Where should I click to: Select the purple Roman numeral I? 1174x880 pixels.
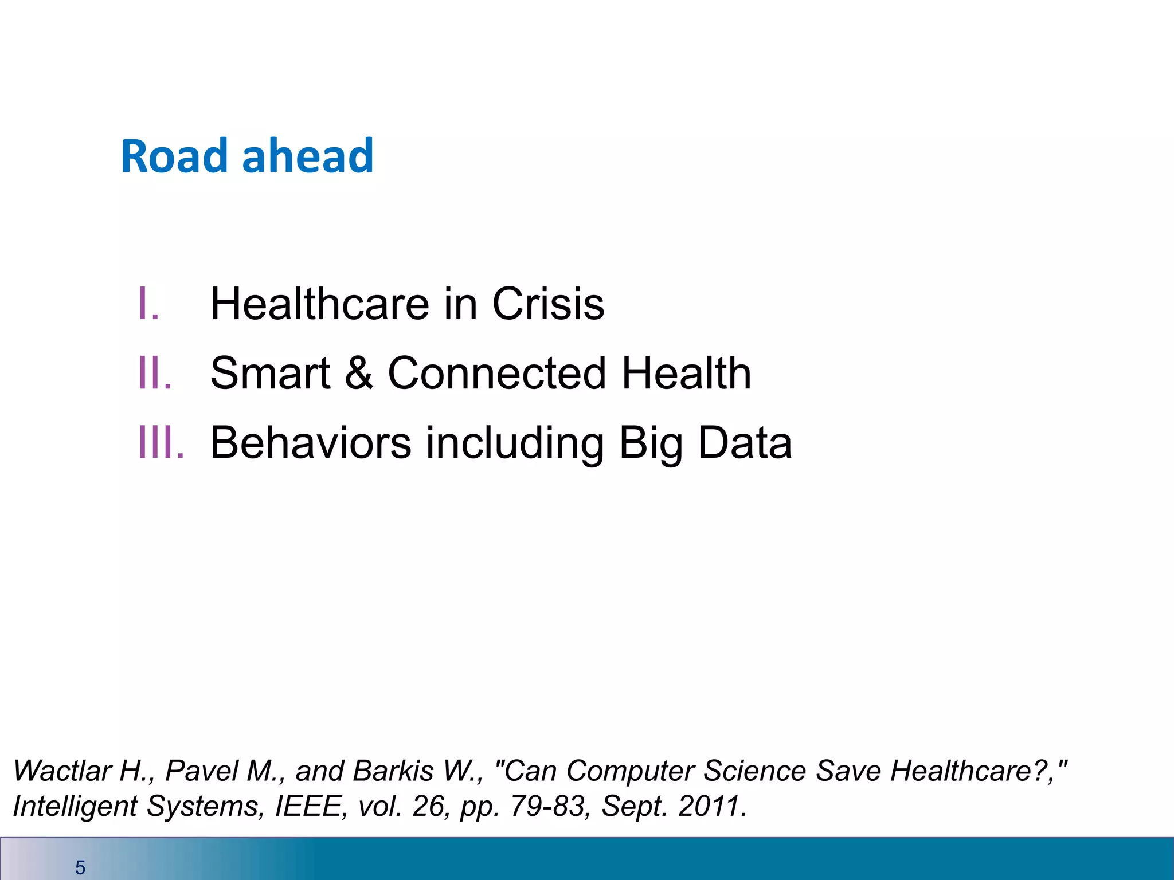[x=148, y=304]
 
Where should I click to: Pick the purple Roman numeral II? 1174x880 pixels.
[x=155, y=373]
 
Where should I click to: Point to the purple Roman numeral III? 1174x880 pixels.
[x=162, y=442]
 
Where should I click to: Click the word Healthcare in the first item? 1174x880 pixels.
[x=320, y=304]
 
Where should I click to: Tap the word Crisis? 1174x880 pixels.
[x=548, y=304]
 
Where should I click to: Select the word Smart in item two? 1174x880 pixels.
[x=270, y=373]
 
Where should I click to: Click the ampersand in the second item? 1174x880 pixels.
[x=359, y=373]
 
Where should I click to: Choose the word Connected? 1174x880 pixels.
[x=496, y=373]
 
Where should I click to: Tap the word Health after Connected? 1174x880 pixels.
[x=686, y=373]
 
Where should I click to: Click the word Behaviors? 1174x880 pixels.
[x=311, y=442]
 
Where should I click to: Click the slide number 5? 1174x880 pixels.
[x=80, y=867]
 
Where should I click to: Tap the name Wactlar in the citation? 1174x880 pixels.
[x=62, y=771]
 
